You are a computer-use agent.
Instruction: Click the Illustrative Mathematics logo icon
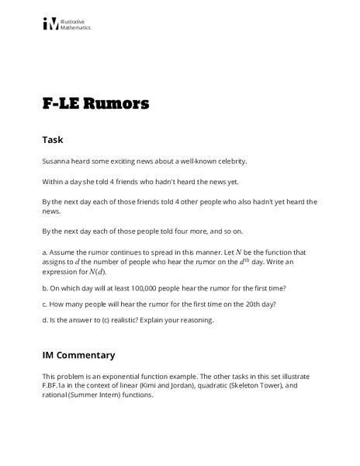tap(50, 24)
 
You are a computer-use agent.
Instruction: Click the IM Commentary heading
tap(78, 355)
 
